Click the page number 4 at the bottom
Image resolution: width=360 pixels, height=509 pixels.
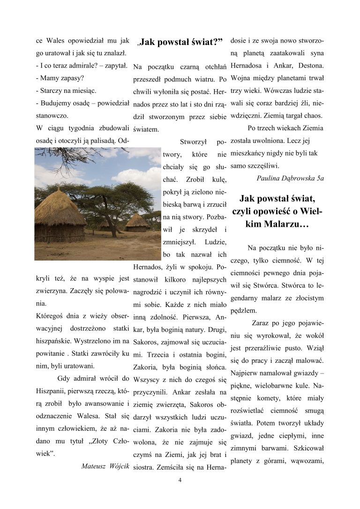pos(180,480)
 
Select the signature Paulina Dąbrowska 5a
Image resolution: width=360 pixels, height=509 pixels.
pos(290,178)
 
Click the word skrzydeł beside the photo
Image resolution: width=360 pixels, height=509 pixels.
pos(204,229)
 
